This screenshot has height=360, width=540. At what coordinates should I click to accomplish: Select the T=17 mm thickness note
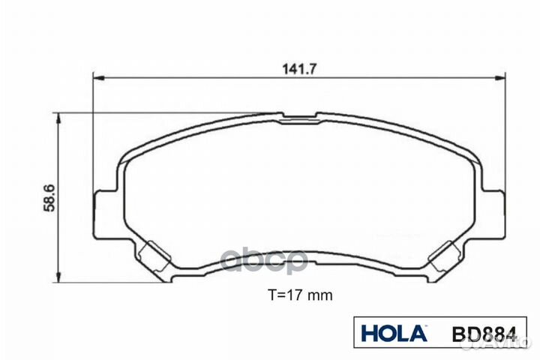tap(300, 295)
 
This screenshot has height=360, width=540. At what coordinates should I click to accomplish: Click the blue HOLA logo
tap(393, 333)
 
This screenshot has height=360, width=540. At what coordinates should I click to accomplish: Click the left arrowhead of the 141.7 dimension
tap(96, 77)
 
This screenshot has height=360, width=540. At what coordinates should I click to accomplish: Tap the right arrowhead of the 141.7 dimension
tap(500, 77)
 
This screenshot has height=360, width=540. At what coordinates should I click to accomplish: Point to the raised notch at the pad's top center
tap(298, 117)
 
